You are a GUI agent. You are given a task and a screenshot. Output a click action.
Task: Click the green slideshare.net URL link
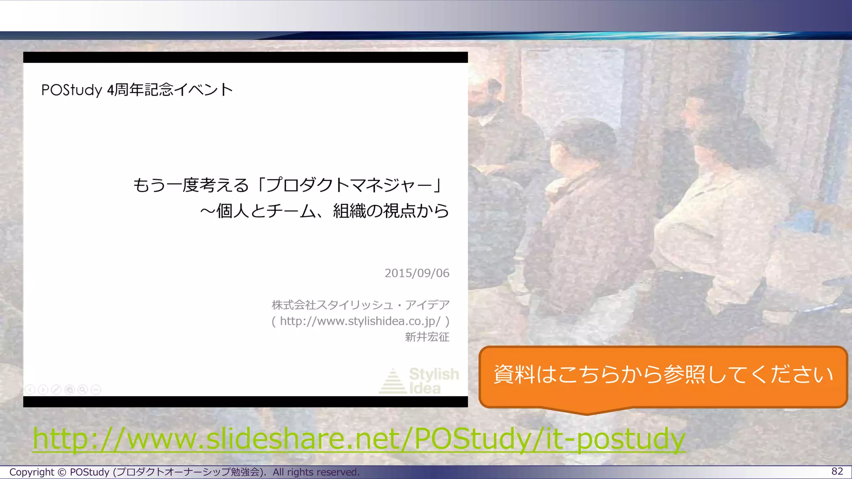(359, 439)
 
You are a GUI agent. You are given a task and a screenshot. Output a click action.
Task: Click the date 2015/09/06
(417, 273)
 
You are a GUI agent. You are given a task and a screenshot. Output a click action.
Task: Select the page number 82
(837, 471)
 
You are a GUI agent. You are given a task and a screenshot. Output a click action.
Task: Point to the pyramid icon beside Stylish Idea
(392, 381)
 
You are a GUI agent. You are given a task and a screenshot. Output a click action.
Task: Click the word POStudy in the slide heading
(72, 90)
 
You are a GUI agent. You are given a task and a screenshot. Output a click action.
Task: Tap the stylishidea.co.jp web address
(360, 321)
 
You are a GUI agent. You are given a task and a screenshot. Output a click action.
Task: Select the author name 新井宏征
(427, 337)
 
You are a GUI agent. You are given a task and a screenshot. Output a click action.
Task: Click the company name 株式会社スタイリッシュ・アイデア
(361, 305)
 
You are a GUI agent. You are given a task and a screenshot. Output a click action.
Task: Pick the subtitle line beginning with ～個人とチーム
(324, 211)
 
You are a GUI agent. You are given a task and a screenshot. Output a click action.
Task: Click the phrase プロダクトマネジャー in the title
(349, 185)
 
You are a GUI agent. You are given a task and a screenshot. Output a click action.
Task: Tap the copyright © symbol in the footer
(62, 472)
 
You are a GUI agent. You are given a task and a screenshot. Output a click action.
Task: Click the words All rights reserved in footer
(316, 472)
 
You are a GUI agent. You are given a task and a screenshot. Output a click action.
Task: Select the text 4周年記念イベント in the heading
(170, 90)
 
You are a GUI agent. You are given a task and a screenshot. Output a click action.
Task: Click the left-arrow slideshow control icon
(30, 390)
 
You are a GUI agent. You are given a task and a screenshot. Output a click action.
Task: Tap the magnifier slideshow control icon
(83, 390)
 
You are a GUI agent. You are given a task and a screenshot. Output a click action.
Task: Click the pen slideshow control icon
(56, 390)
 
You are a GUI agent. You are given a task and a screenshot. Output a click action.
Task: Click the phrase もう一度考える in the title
(191, 185)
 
